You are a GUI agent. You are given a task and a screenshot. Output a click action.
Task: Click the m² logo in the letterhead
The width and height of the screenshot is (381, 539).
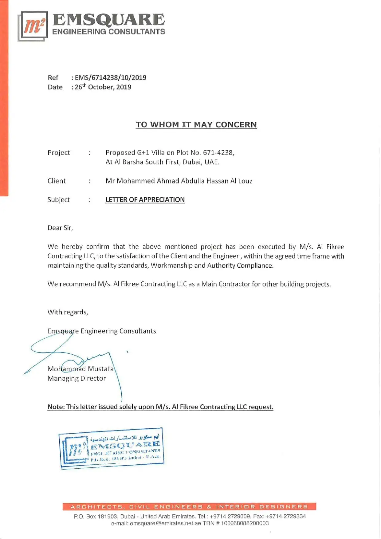pyautogui.click(x=33, y=26)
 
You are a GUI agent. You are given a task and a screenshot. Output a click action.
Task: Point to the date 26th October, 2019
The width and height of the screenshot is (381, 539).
pyautogui.click(x=103, y=87)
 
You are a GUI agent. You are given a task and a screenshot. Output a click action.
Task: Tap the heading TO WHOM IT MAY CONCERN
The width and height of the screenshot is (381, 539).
pyautogui.click(x=196, y=124)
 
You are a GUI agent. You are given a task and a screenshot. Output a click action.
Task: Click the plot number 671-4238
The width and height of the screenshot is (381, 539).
pyautogui.click(x=218, y=152)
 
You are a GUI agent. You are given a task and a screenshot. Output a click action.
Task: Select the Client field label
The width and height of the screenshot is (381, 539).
pyautogui.click(x=57, y=181)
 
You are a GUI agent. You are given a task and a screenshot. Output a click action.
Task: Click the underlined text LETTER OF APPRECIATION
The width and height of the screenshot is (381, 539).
pyautogui.click(x=145, y=199)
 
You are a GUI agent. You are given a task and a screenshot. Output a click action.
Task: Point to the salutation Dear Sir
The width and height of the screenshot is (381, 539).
pyautogui.click(x=60, y=228)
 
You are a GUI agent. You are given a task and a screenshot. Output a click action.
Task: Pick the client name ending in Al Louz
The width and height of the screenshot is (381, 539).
pyautogui.click(x=179, y=181)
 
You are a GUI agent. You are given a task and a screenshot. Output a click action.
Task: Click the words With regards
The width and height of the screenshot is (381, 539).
pyautogui.click(x=68, y=312)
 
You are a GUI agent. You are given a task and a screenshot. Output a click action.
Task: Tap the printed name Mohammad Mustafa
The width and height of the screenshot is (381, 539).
pyautogui.click(x=81, y=369)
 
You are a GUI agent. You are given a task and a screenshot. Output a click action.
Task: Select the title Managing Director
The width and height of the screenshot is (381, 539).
pyautogui.click(x=77, y=378)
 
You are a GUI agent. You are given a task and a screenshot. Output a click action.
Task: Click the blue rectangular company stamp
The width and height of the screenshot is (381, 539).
pyautogui.click(x=112, y=448)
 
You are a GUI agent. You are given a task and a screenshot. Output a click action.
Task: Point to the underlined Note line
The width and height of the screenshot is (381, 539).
pyautogui.click(x=160, y=407)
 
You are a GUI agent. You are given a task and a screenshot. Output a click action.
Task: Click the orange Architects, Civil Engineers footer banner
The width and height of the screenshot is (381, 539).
pyautogui.click(x=189, y=506)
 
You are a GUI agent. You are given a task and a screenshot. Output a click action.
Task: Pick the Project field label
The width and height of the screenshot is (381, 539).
pyautogui.click(x=59, y=152)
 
